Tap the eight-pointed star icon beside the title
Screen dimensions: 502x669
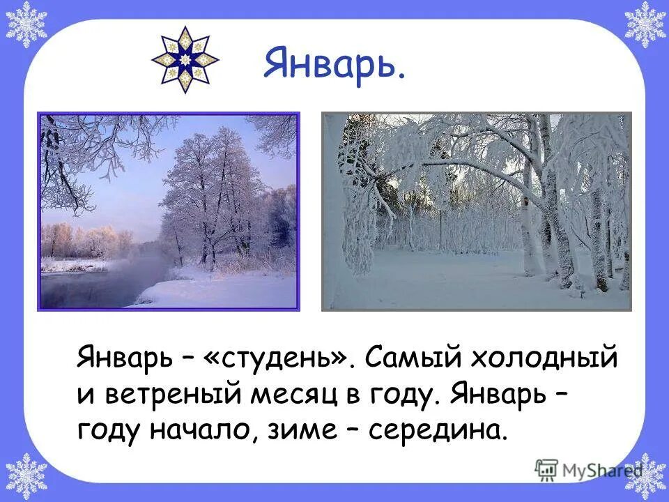pos(185,60)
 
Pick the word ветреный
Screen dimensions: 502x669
pos(178,395)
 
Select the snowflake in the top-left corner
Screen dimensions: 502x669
pos(26,24)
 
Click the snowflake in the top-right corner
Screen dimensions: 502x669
pos(644,24)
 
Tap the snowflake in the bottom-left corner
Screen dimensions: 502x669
pos(26,477)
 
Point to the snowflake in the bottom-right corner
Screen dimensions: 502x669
pos(645,477)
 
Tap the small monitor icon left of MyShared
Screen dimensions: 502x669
pos(547,471)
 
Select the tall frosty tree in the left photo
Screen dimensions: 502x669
pos(209,188)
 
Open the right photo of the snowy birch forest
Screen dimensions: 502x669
pos(476,211)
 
